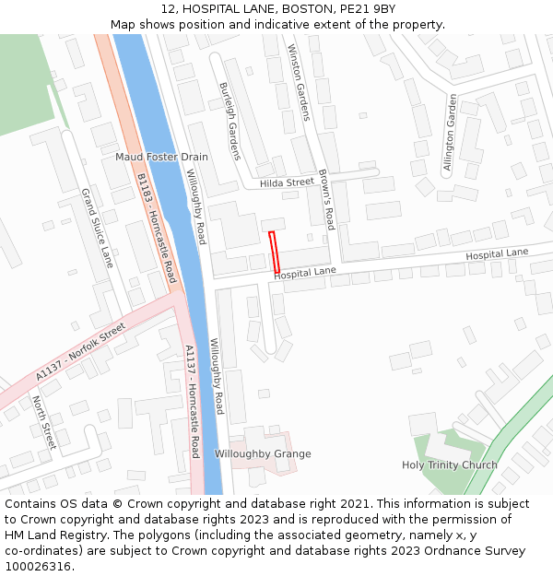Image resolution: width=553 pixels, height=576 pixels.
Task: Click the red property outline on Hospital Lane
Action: click(274, 251)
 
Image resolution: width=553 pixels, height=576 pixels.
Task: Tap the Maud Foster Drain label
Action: click(161, 157)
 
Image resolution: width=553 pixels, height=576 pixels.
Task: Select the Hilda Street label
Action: click(287, 182)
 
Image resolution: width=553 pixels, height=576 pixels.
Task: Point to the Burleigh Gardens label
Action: click(229, 121)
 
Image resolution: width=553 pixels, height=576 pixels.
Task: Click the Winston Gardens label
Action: click(299, 82)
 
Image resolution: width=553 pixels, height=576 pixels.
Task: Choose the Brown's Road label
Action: click(326, 198)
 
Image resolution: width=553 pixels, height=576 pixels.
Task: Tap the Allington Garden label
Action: click(450, 133)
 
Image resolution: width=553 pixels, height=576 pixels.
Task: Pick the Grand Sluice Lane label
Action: click(97, 228)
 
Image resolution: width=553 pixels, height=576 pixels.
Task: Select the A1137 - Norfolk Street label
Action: click(80, 353)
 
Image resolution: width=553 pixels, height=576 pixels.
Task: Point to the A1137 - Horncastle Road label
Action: click(192, 401)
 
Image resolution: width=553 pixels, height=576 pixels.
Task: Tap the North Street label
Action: click(44, 422)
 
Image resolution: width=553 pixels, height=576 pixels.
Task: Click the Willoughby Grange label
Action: click(263, 453)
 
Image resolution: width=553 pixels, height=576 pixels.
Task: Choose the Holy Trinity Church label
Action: click(449, 464)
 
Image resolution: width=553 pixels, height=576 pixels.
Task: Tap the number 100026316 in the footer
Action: click(39, 566)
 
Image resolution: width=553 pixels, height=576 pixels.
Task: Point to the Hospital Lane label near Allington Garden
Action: click(497, 253)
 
